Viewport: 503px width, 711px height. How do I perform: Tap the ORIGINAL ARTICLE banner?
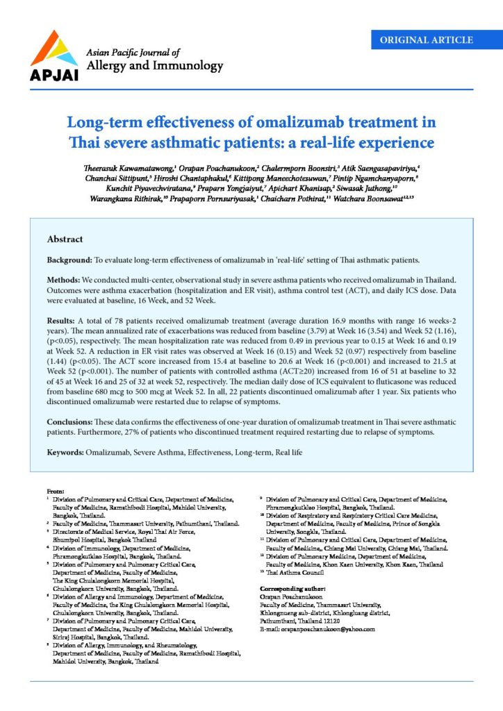(x=427, y=40)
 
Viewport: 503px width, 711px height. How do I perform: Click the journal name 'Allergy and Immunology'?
(x=154, y=66)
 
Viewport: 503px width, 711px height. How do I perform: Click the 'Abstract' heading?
(x=65, y=239)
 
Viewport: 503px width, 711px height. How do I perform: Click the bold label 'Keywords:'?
(x=66, y=452)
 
